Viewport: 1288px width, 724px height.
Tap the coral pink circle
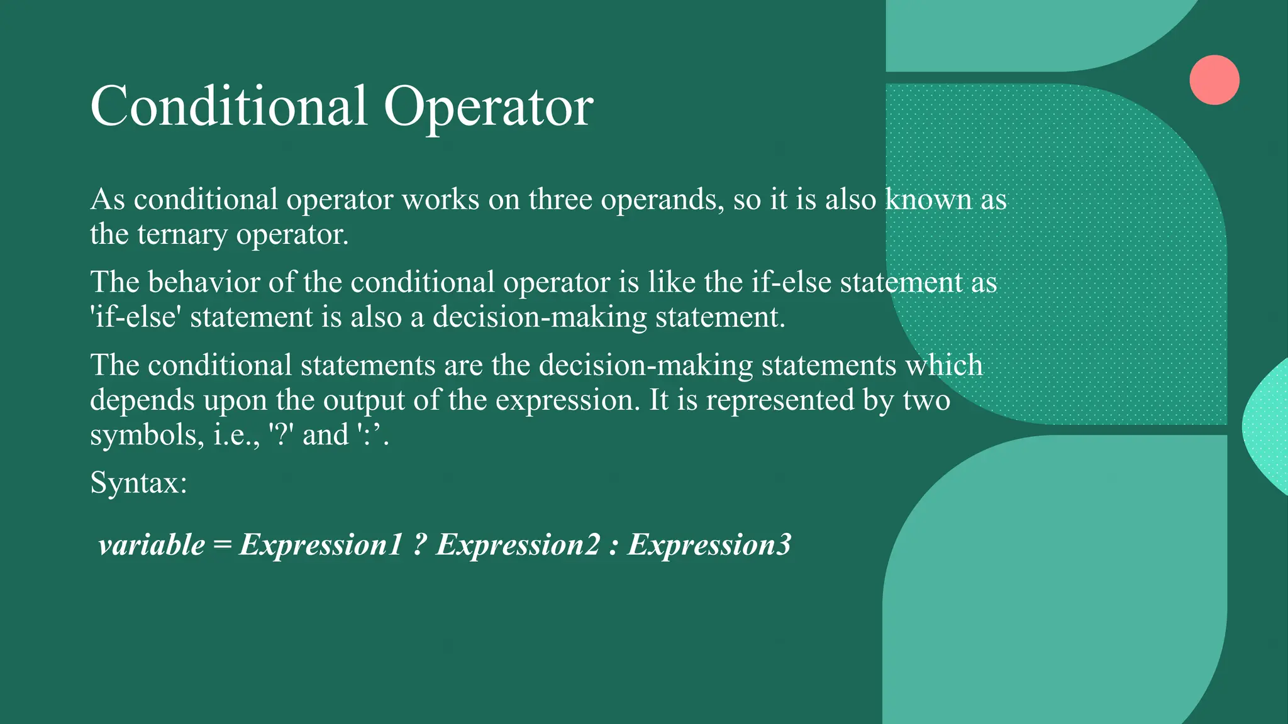coord(1214,80)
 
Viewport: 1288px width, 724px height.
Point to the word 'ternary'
coord(182,235)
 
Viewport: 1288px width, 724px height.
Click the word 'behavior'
coord(203,282)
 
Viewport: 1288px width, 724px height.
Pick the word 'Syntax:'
coord(139,483)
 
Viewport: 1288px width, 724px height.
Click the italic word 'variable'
coord(152,545)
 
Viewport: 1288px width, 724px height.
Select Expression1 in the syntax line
coord(320,545)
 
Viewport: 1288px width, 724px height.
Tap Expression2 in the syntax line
coord(518,545)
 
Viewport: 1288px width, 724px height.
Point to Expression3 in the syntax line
coord(709,545)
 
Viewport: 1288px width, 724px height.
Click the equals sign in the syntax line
coord(222,545)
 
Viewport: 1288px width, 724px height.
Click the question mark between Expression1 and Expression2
coord(420,545)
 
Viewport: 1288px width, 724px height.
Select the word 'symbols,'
coord(147,435)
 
